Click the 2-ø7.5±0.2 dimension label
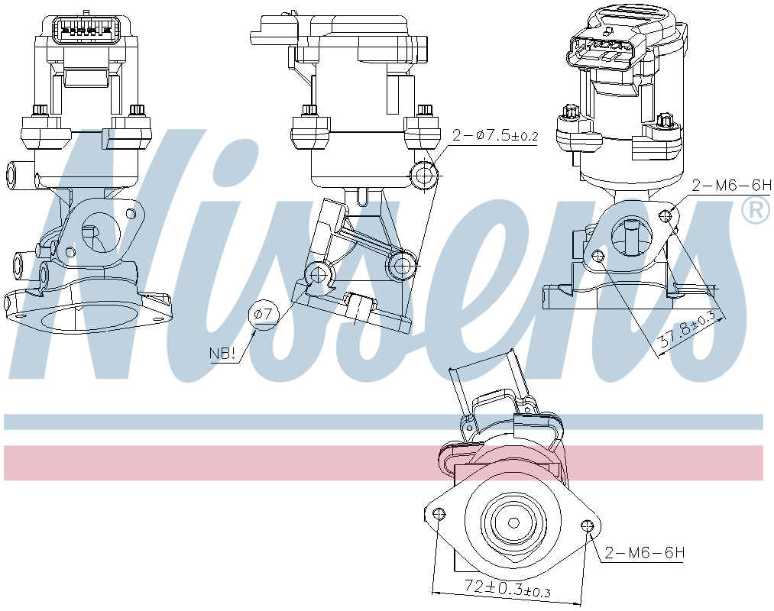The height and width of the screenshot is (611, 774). point(495,135)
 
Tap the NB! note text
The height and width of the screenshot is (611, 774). point(222,354)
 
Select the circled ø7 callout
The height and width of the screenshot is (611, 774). point(264,315)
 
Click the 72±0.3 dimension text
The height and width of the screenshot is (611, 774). point(507,588)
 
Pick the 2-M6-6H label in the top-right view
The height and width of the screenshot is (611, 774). point(731,186)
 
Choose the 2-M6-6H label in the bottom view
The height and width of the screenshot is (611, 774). point(645,553)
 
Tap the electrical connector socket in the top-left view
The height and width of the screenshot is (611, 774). point(86,31)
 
